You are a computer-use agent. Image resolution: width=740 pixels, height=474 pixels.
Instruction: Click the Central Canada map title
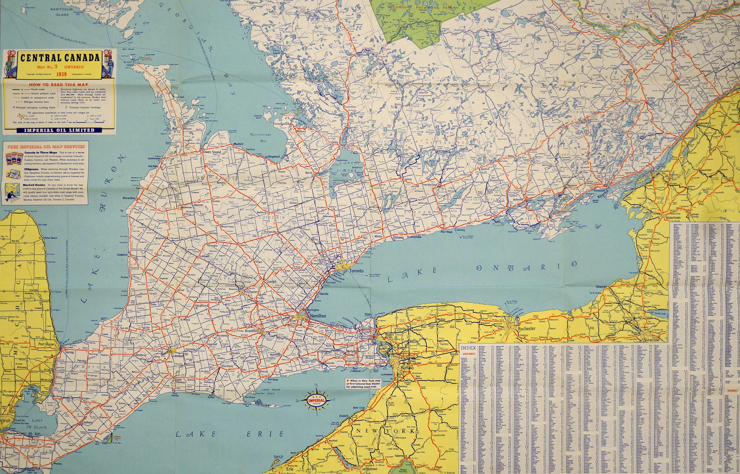60,57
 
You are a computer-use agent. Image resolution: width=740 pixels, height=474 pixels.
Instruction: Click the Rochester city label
527,328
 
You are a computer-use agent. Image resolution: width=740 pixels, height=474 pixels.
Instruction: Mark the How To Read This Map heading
59,84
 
